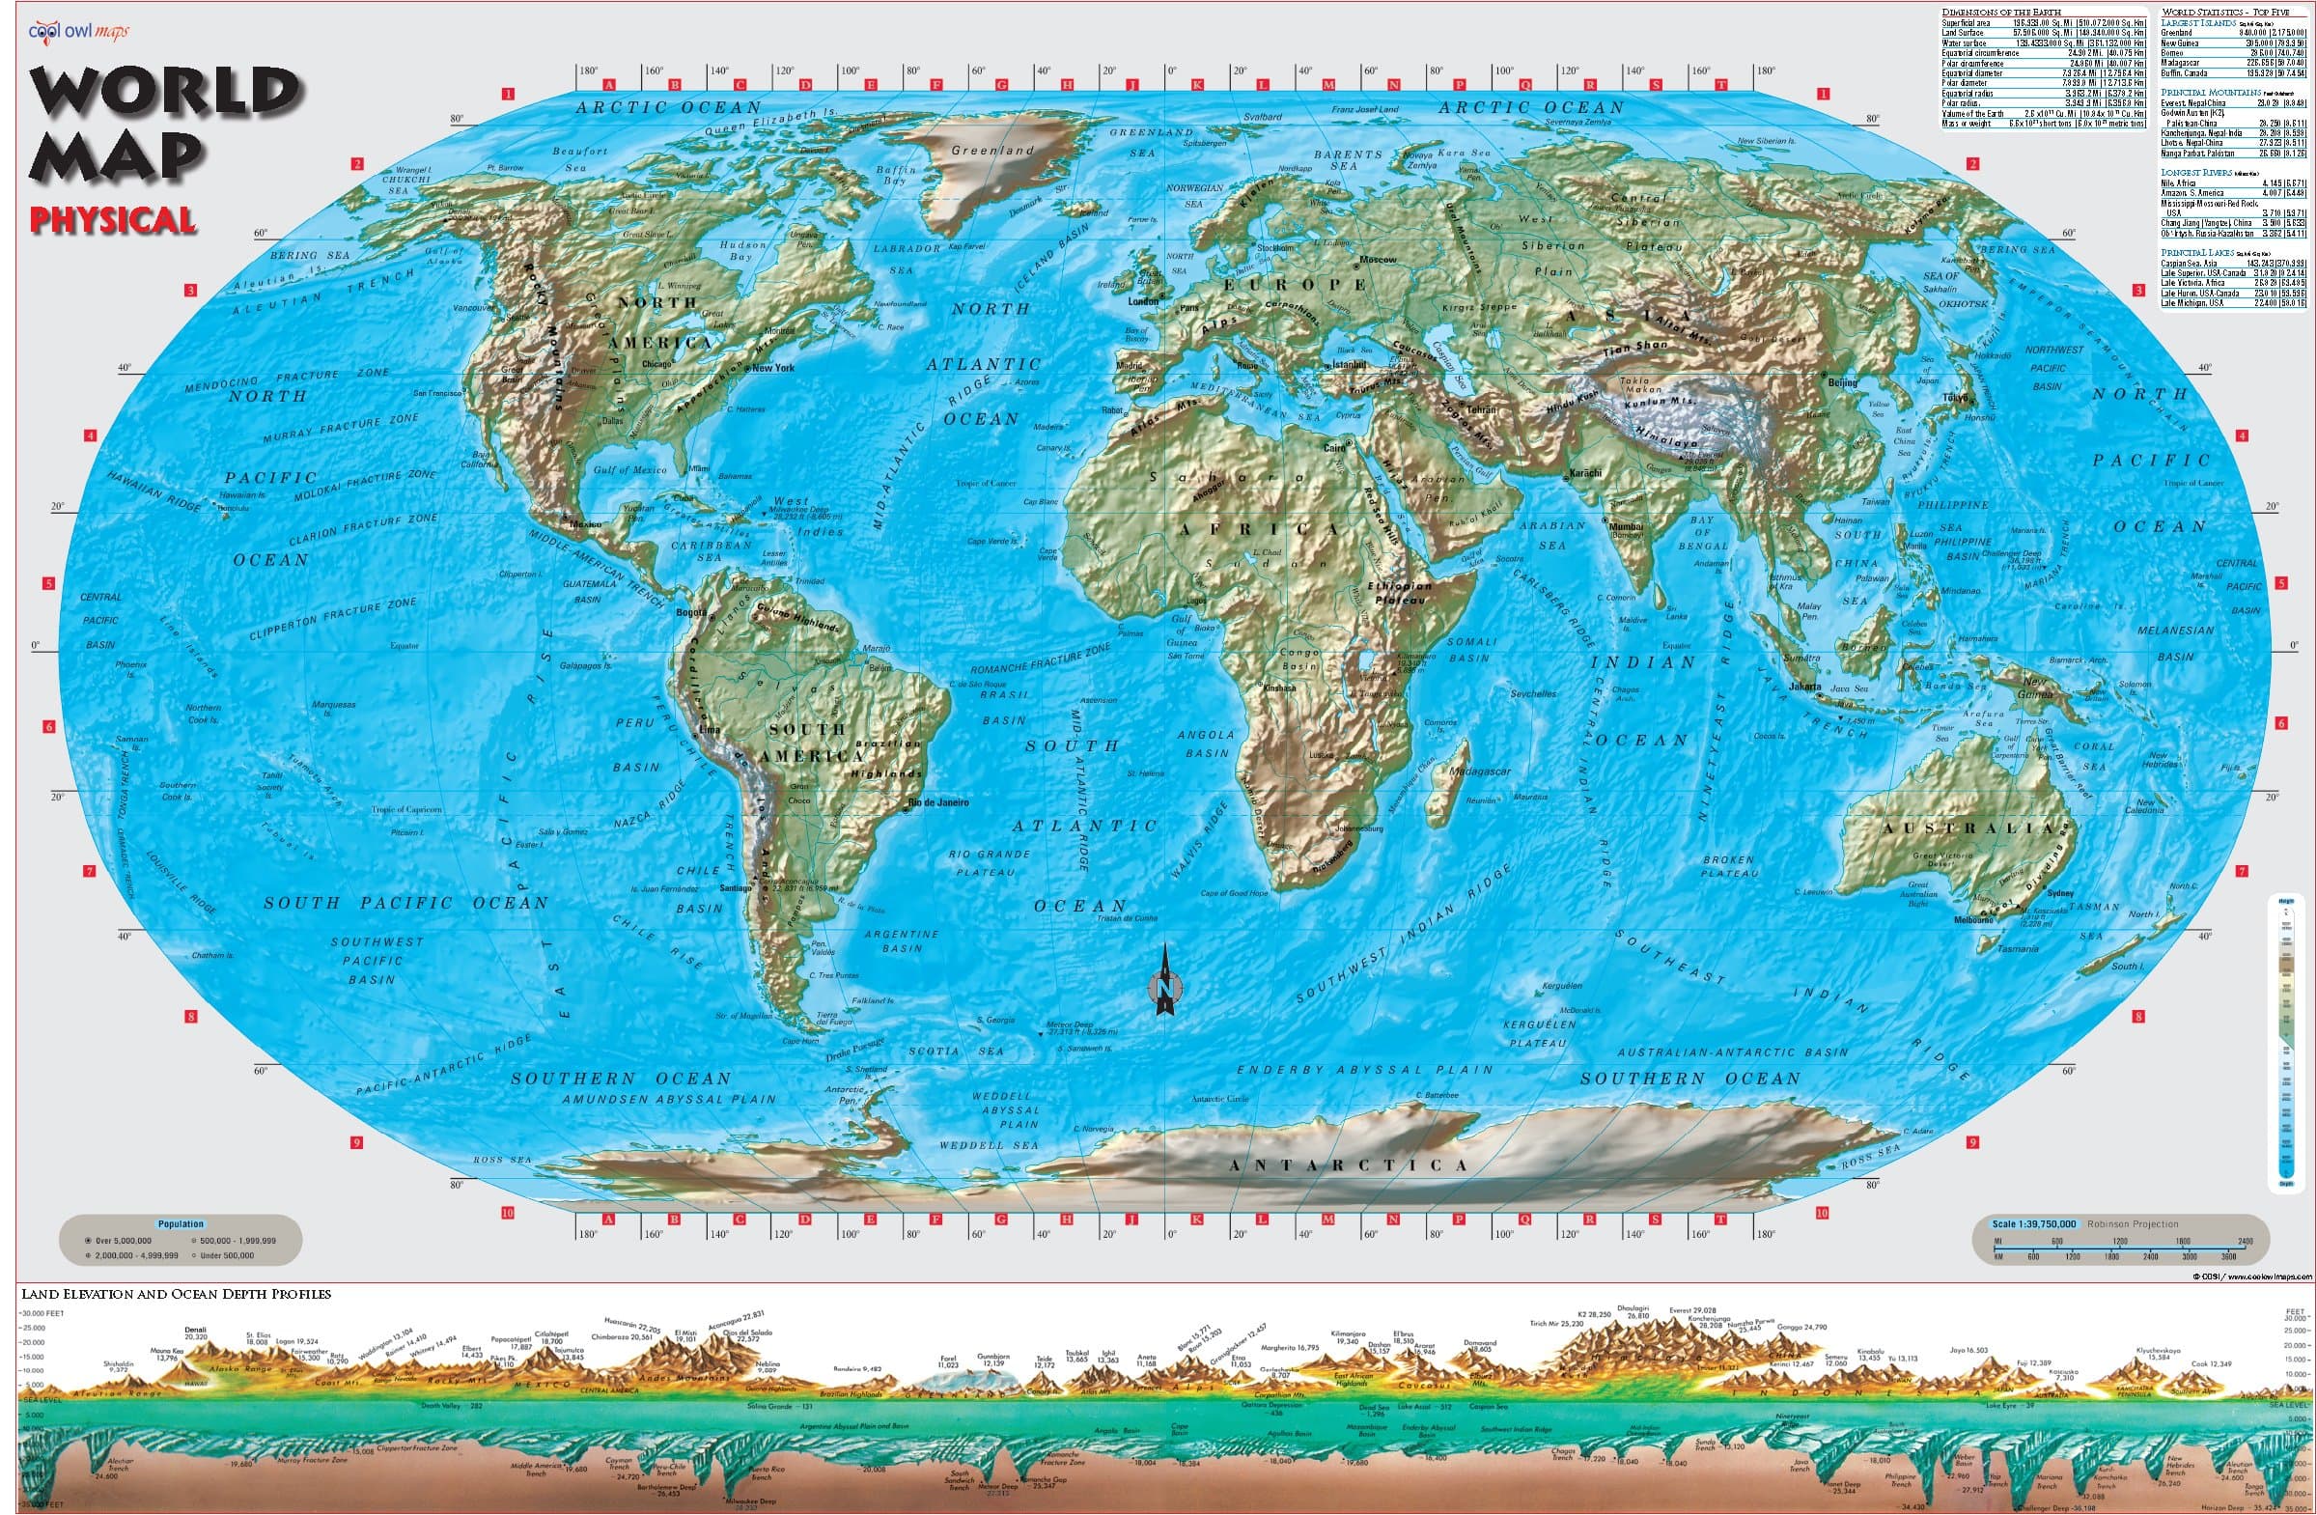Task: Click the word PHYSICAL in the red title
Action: click(113, 220)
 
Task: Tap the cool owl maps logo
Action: click(78, 31)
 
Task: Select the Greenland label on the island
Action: click(993, 150)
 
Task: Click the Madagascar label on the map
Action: click(1480, 772)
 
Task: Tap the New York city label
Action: click(774, 368)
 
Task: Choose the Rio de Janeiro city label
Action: click(938, 802)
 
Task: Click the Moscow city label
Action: click(1378, 260)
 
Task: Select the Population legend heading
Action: click(181, 1224)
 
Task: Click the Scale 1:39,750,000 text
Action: click(2034, 1224)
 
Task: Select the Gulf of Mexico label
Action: click(629, 470)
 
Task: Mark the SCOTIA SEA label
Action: click(956, 1052)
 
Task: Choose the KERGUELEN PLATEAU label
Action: click(1538, 1033)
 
